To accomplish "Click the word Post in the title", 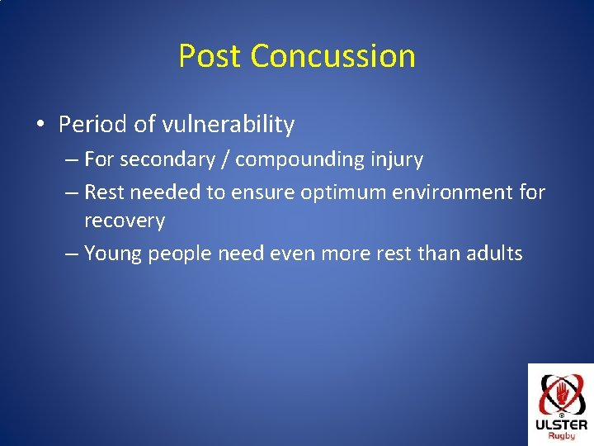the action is click(x=210, y=56).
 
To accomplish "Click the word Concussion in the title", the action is click(x=333, y=56).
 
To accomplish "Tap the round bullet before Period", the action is click(x=40, y=124).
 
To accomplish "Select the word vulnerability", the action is click(x=228, y=124).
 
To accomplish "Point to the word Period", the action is click(x=92, y=124).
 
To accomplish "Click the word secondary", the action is click(x=167, y=159).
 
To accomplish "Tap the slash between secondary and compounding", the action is click(x=225, y=159).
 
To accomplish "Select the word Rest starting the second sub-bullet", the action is click(x=104, y=192).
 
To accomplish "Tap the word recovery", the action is click(x=125, y=221).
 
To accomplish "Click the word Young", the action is click(x=112, y=254).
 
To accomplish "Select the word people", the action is click(x=180, y=254).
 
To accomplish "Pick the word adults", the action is click(x=494, y=253).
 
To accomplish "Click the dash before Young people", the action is click(x=72, y=254).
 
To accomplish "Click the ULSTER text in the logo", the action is click(x=562, y=425).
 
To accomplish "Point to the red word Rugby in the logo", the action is click(x=562, y=436).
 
